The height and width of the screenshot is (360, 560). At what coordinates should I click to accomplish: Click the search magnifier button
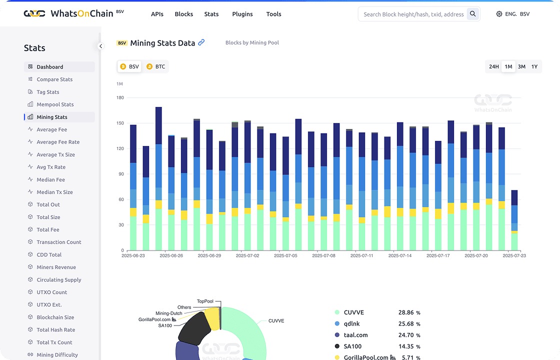coord(473,14)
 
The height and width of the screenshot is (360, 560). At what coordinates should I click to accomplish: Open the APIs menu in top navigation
coord(157,14)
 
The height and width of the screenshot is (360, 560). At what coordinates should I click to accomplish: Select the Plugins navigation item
coord(242,14)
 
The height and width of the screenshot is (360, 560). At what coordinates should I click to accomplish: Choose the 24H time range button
coord(494,66)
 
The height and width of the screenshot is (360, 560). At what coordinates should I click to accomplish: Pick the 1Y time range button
coord(534,66)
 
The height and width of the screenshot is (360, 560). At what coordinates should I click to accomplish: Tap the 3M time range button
coord(521,66)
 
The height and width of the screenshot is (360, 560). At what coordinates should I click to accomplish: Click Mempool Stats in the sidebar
coord(55,104)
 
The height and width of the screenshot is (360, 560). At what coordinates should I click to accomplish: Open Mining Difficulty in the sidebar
coord(57,355)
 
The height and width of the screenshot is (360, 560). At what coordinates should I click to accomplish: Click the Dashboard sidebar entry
coord(49,67)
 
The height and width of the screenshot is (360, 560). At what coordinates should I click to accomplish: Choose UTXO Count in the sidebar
coord(51,292)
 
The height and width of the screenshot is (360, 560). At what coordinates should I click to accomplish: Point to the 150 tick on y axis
coord(120,123)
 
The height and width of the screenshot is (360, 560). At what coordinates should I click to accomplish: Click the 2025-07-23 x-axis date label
coord(514,255)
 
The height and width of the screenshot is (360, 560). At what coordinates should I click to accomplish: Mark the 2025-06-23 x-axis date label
coord(133,255)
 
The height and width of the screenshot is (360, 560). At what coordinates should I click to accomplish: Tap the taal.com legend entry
coord(355,335)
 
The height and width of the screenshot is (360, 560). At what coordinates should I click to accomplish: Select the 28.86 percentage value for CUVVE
coord(406,312)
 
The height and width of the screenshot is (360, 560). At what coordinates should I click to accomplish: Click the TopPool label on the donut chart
coord(205,301)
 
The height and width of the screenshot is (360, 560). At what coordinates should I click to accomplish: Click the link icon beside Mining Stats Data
coord(201,42)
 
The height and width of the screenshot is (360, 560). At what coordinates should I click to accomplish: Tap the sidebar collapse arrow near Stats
coord(100,46)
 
